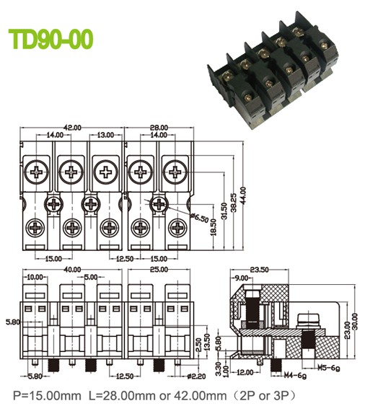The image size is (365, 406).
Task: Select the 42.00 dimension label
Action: coord(71,128)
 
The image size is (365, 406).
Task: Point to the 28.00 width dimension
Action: coord(159,128)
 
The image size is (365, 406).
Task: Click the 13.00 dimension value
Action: coord(105,136)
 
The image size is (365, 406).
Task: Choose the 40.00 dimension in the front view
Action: coord(71,269)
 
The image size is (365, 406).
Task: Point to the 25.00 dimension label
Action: coord(159,269)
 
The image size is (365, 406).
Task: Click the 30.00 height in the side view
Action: coord(359,317)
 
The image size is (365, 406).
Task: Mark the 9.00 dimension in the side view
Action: coord(239,277)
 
